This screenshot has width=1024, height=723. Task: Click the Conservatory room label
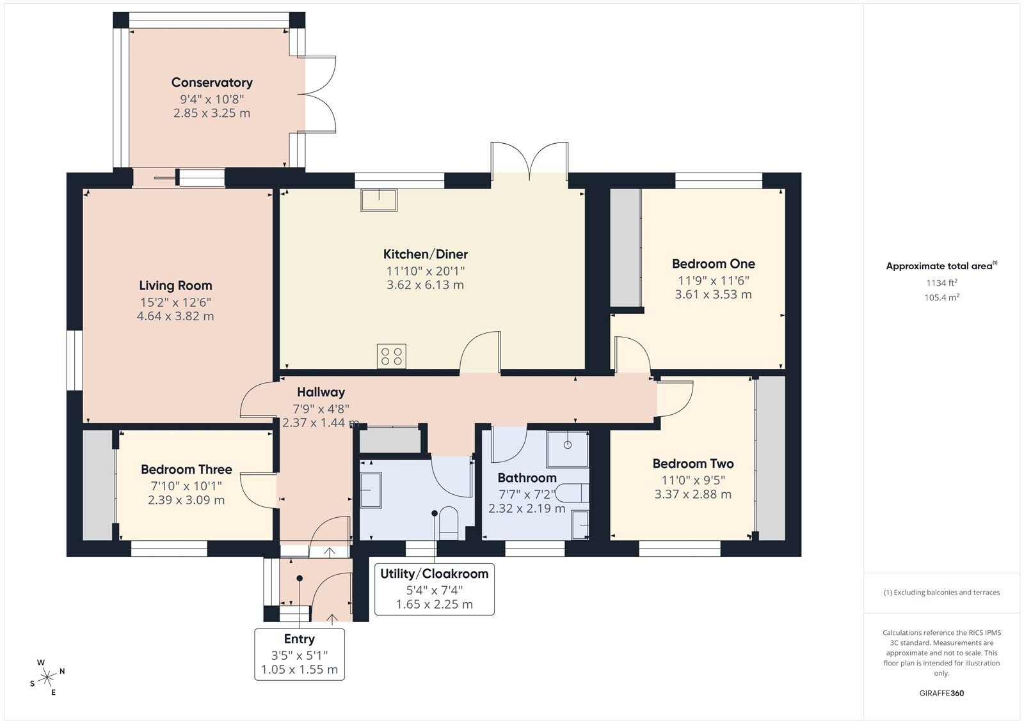tap(212, 82)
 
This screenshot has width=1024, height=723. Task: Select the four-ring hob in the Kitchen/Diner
tap(391, 357)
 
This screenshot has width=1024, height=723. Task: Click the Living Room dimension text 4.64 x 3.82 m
tap(175, 316)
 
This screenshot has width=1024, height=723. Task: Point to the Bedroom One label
tap(713, 264)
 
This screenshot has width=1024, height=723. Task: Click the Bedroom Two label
tap(692, 464)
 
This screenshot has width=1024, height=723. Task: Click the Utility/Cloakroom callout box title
tap(434, 574)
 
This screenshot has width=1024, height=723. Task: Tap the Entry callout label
tap(299, 639)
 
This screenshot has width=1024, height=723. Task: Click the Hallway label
tap(321, 393)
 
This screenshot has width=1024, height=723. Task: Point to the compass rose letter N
tap(62, 671)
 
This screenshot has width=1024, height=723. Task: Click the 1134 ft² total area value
tap(941, 283)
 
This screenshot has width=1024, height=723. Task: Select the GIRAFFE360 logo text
tap(941, 693)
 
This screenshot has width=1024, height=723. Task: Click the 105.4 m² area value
tap(941, 297)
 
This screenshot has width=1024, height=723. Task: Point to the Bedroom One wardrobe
tap(625, 247)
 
